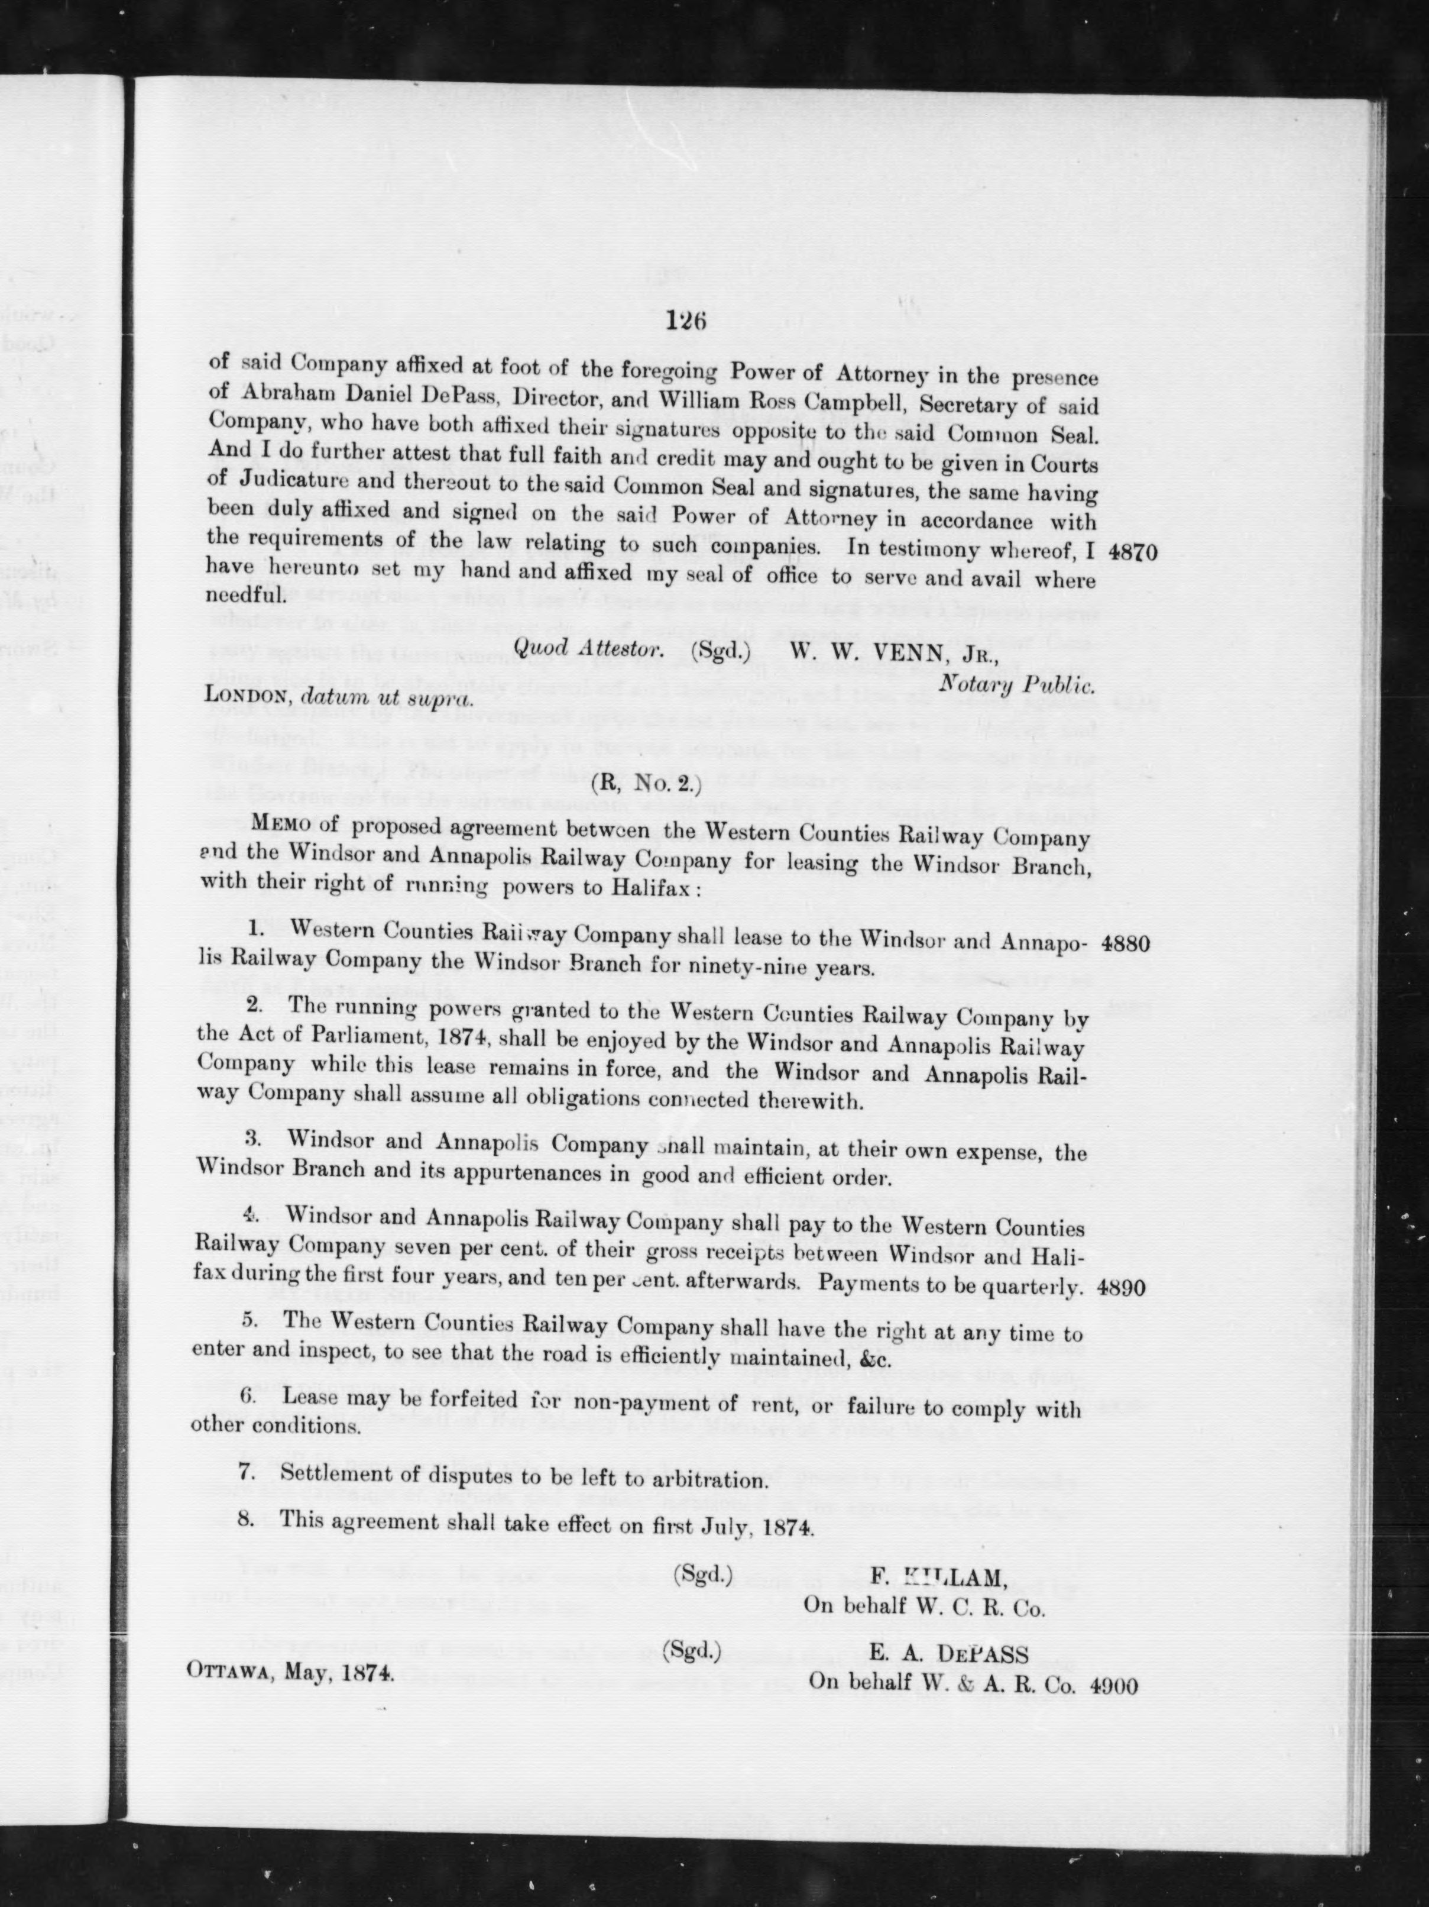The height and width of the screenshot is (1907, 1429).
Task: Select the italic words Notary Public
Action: click(1017, 686)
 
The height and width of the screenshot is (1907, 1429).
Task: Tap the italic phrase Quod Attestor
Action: click(589, 649)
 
